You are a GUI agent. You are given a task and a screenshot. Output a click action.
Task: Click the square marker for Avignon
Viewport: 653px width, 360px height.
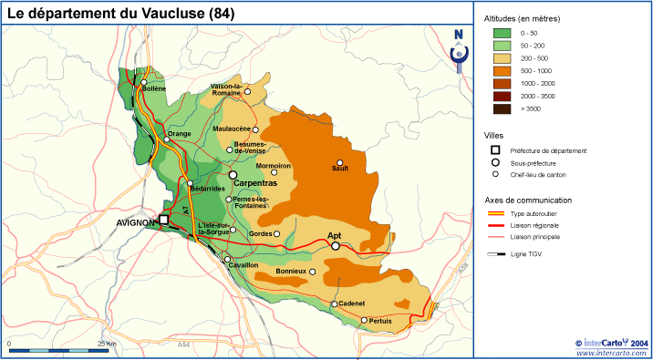pyautogui.click(x=164, y=220)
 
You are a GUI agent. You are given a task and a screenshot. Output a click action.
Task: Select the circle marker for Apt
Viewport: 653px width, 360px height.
pyautogui.click(x=336, y=246)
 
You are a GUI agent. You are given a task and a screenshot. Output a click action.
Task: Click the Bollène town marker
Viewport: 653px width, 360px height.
pyautogui.click(x=144, y=82)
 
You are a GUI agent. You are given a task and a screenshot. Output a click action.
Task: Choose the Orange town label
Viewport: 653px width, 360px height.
pyautogui.click(x=178, y=134)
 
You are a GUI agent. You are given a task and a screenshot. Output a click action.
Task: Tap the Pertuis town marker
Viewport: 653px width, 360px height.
pyautogui.click(x=364, y=320)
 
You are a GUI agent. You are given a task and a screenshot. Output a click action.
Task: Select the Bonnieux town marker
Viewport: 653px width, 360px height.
pyautogui.click(x=313, y=272)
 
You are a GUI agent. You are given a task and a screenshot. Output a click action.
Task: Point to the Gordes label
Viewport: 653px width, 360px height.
pyautogui.click(x=260, y=234)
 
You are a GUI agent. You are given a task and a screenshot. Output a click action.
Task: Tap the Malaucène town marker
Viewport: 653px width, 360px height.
pyautogui.click(x=256, y=129)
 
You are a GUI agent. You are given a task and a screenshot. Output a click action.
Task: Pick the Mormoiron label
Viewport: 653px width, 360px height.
pyautogui.click(x=274, y=165)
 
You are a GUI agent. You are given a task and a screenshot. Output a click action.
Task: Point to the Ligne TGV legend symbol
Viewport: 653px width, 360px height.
pyautogui.click(x=496, y=255)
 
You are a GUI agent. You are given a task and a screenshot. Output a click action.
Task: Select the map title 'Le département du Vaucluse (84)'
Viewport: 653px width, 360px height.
pyautogui.click(x=120, y=13)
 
